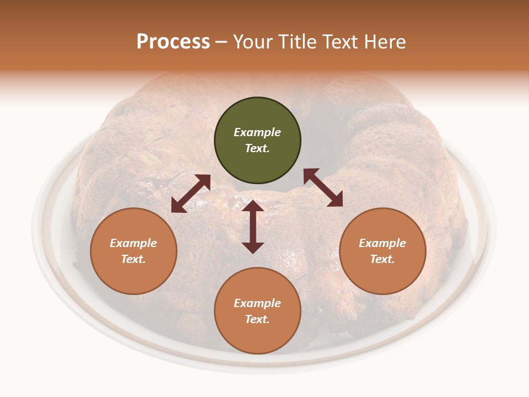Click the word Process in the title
click(x=173, y=42)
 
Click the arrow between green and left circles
click(x=191, y=194)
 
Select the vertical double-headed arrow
click(x=253, y=227)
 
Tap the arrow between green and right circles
click(x=323, y=187)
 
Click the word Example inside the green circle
click(x=257, y=132)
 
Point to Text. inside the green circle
click(x=257, y=148)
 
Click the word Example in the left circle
click(x=133, y=243)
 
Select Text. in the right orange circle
click(x=382, y=259)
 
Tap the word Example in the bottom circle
click(x=257, y=303)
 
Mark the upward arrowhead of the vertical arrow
click(x=253, y=206)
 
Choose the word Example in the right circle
click(x=382, y=243)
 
